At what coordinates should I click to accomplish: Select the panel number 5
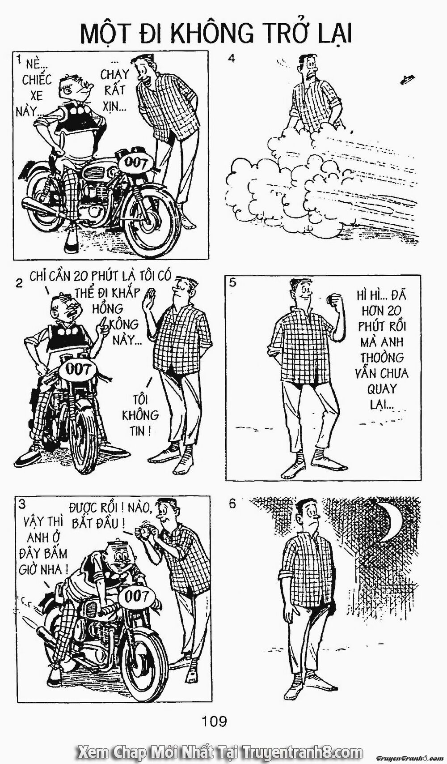(233, 283)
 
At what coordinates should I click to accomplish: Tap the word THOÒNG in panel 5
(382, 358)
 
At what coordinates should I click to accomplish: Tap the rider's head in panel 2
(67, 310)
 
